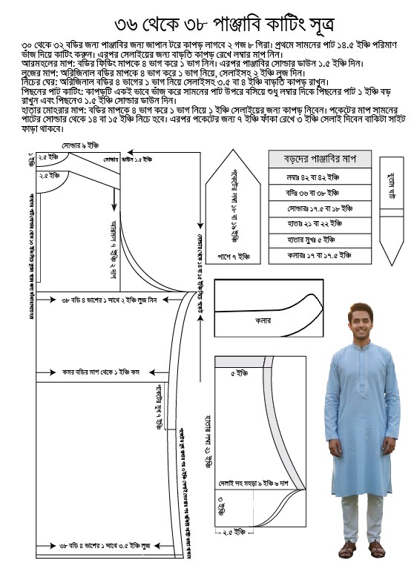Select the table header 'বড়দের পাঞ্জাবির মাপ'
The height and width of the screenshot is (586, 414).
pyautogui.click(x=319, y=159)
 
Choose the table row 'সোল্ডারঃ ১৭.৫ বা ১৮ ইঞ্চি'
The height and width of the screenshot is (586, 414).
pyautogui.click(x=319, y=209)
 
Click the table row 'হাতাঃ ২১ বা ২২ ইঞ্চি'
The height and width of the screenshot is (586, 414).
pyautogui.click(x=319, y=224)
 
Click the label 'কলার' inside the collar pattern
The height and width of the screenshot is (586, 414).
pyautogui.click(x=263, y=321)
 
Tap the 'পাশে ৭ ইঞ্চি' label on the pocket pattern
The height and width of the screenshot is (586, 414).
pyautogui.click(x=234, y=256)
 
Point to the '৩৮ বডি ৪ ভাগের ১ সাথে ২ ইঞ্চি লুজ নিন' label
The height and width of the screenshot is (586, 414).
pyautogui.click(x=108, y=300)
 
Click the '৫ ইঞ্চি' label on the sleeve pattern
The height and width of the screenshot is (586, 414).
pyautogui.click(x=237, y=373)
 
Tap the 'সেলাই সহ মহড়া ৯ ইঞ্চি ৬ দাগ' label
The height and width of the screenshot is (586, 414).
pyautogui.click(x=252, y=484)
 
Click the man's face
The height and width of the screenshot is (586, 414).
pyautogui.click(x=361, y=318)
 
